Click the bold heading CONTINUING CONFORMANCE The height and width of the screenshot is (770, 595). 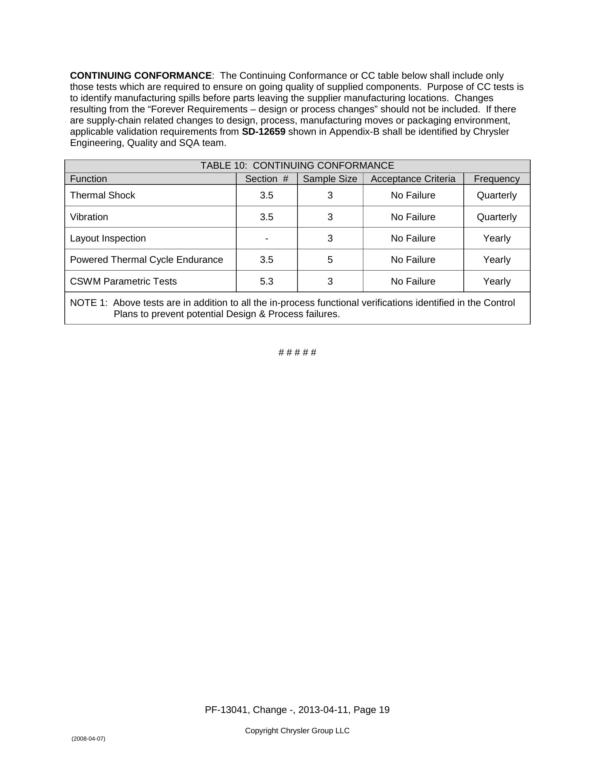tap(141, 76)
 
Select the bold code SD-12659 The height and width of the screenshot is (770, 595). tap(263, 132)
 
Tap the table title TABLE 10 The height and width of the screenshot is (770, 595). tap(297, 166)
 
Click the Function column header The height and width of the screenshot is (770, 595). tap(89, 179)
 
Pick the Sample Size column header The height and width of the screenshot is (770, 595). tap(330, 179)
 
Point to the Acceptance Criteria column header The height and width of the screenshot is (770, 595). tap(413, 179)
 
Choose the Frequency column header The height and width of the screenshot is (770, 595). tap(496, 179)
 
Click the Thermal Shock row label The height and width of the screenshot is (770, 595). tap(103, 195)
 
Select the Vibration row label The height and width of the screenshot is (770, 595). tap(89, 217)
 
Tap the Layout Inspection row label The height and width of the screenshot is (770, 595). tap(108, 238)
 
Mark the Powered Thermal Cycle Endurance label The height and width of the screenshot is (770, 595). tap(146, 260)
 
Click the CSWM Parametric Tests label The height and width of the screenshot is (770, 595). tap(123, 281)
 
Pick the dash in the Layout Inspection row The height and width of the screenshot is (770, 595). tap(266, 239)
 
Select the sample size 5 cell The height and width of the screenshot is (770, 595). tap(330, 260)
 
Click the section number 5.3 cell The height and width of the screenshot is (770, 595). tap(266, 281)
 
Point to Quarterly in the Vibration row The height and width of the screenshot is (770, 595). tap(496, 217)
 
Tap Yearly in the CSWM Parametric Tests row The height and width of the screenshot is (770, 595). tap(496, 281)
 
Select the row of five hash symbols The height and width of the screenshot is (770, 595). tap(297, 352)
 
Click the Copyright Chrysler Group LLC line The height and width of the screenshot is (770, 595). tap(297, 730)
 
